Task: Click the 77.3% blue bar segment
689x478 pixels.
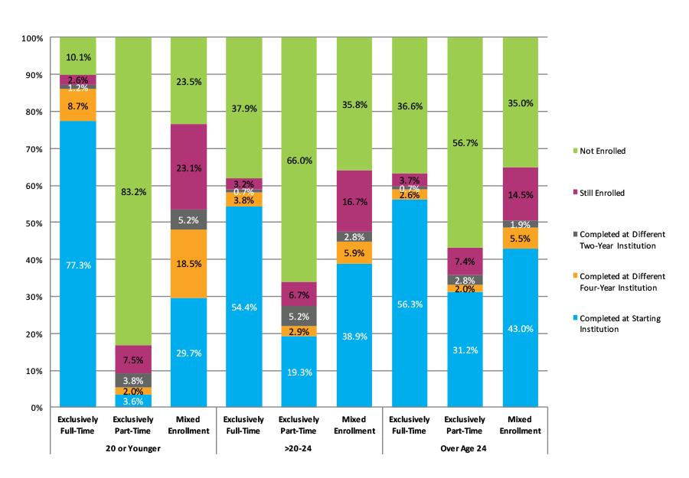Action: [78, 264]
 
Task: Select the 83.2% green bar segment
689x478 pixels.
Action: [133, 191]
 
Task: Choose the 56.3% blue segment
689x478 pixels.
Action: [410, 303]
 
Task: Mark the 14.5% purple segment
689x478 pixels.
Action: [520, 194]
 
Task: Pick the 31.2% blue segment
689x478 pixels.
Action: [465, 350]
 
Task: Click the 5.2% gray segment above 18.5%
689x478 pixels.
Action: [188, 219]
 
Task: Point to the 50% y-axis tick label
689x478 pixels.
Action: [32, 223]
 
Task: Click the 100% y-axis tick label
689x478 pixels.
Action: [31, 38]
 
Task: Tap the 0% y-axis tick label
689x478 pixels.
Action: [35, 408]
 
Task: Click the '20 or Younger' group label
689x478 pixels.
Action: [133, 448]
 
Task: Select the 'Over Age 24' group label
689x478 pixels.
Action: [465, 448]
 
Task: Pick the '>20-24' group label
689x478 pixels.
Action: [299, 448]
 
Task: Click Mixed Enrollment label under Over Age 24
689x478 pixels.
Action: [520, 425]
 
